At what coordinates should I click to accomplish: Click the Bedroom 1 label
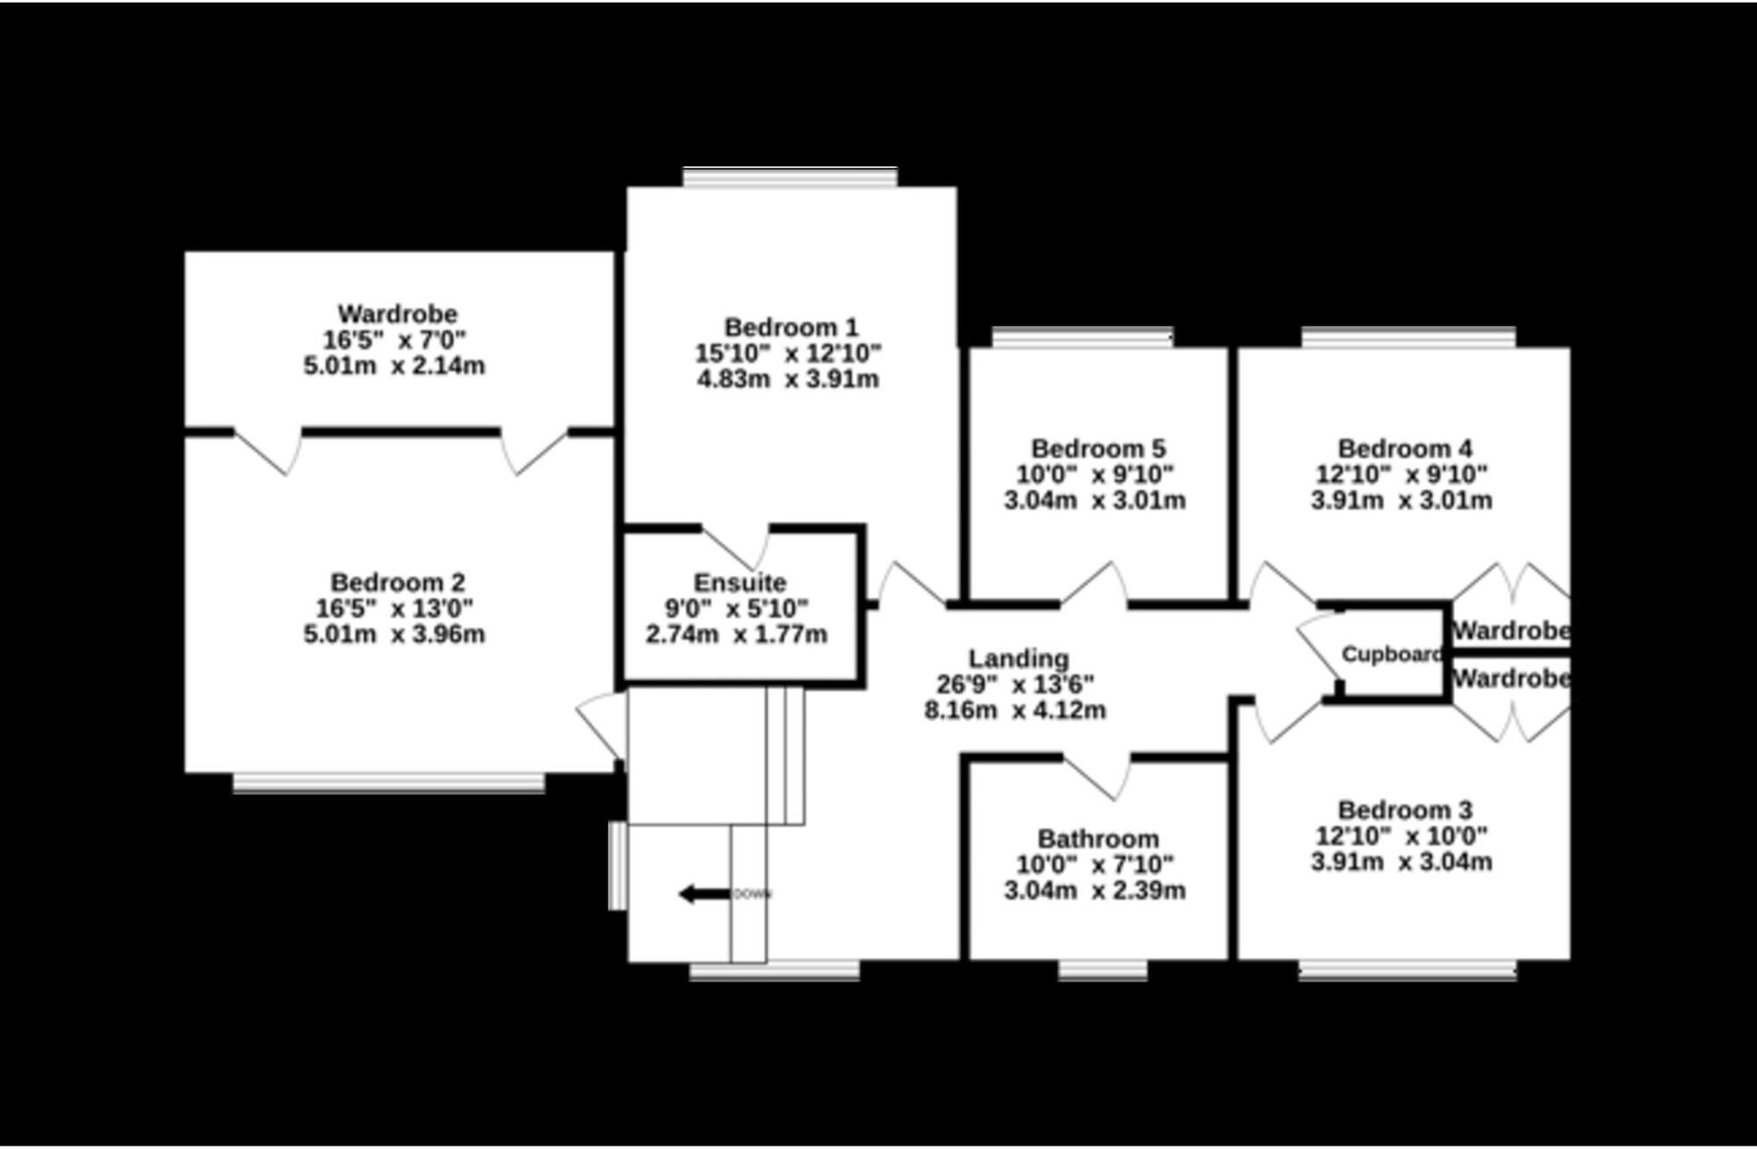[791, 328]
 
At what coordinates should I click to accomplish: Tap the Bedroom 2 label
[398, 582]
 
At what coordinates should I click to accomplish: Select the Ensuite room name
[740, 582]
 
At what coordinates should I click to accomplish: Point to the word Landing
[1018, 659]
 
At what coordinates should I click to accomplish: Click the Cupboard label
[1392, 655]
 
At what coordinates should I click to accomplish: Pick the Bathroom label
[1098, 839]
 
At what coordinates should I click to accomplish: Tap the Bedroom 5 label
[1098, 449]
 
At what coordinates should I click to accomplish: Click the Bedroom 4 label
[1405, 449]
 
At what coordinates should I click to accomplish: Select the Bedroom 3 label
[1405, 810]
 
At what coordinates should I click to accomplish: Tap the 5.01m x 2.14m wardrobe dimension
[394, 365]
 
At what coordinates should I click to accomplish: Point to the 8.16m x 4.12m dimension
[1015, 710]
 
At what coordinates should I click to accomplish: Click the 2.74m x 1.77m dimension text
[736, 634]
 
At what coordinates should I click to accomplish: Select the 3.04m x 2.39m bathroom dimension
[1095, 890]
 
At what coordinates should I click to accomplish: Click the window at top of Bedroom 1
[791, 177]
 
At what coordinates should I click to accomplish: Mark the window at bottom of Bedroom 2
[388, 783]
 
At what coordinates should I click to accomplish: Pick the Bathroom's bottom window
[1103, 969]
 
